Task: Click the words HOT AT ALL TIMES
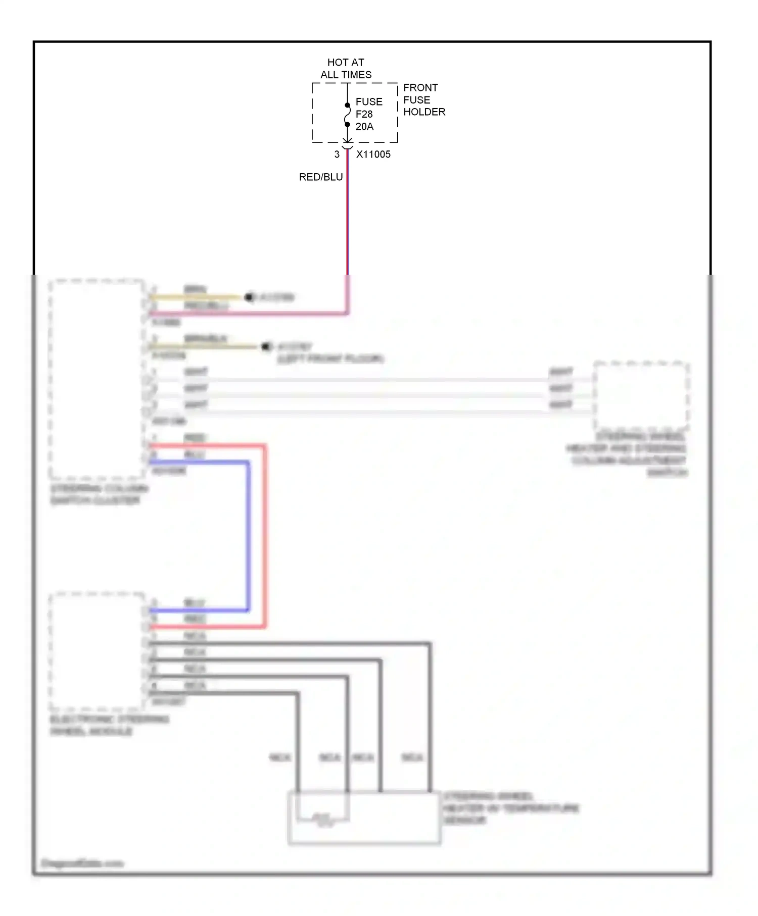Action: coord(346,68)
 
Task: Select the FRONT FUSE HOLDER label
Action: coord(423,99)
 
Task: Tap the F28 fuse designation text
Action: coord(364,114)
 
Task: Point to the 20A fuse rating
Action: coord(364,127)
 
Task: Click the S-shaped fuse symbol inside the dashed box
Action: coord(348,115)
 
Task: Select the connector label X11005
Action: coord(373,155)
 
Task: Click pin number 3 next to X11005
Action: coord(337,155)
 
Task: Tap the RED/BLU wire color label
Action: coord(321,177)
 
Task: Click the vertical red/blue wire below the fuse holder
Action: coord(348,217)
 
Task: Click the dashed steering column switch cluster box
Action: coord(96,379)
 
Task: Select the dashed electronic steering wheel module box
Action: coord(96,651)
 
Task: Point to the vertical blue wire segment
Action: coord(248,535)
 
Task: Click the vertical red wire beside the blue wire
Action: coord(264,535)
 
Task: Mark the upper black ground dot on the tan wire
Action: coord(249,297)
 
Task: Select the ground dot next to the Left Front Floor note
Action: coord(265,346)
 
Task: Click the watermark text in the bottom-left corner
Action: coord(82,863)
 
